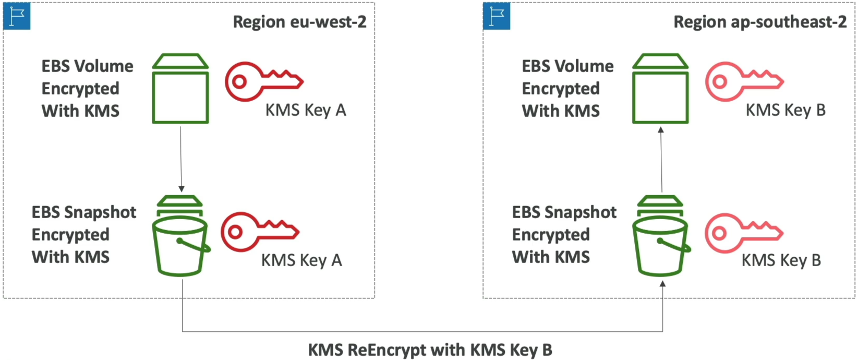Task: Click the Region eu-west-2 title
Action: coord(299,22)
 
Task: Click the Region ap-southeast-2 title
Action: coord(760,22)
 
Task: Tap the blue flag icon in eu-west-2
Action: coord(17,16)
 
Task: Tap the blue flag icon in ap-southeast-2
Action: coord(497,16)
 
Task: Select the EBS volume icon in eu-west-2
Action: coord(180,89)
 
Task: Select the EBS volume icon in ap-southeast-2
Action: coord(660,89)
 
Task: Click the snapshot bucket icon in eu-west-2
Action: coord(181,236)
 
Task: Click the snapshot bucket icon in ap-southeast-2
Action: coord(661,236)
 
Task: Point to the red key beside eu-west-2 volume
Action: coord(264,81)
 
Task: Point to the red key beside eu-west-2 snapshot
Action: coord(260,232)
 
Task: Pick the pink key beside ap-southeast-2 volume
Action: coord(745,81)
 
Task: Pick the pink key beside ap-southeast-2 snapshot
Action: coord(744,233)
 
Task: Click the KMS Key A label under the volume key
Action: coord(306,110)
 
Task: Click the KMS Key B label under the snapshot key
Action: coord(781,260)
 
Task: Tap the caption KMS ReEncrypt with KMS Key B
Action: coord(430,350)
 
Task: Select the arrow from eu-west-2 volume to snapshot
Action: coord(181,159)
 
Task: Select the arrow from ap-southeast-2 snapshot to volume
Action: coord(661,159)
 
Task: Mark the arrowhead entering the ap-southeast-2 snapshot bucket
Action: coord(662,284)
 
